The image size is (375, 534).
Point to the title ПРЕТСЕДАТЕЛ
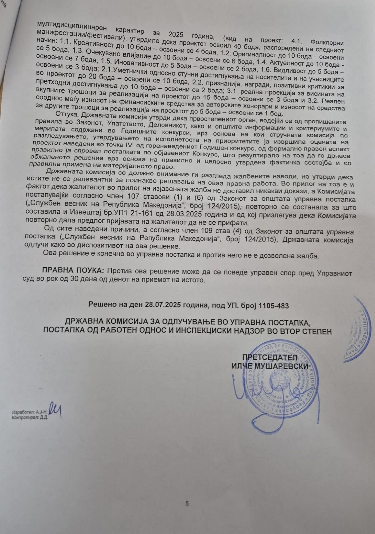pos(270,357)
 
